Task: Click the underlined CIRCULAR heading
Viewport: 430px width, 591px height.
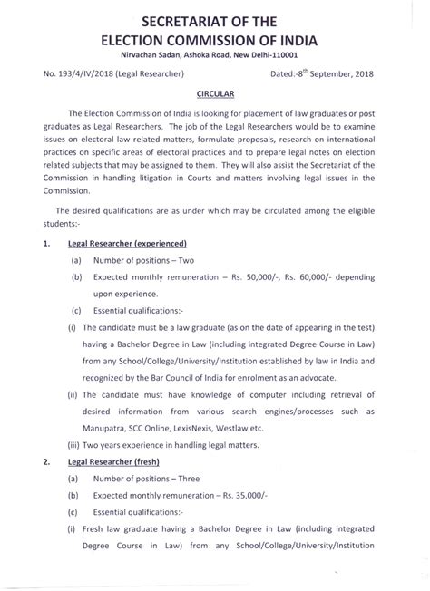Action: tap(215, 93)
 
